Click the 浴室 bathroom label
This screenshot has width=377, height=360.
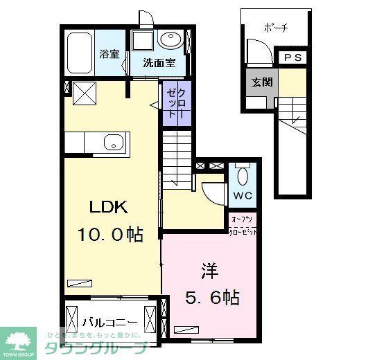109,53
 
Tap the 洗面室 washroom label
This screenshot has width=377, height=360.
159,63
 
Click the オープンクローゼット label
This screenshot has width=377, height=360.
244,226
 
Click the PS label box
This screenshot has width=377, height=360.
292,57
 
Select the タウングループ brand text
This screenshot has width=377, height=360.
97,348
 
